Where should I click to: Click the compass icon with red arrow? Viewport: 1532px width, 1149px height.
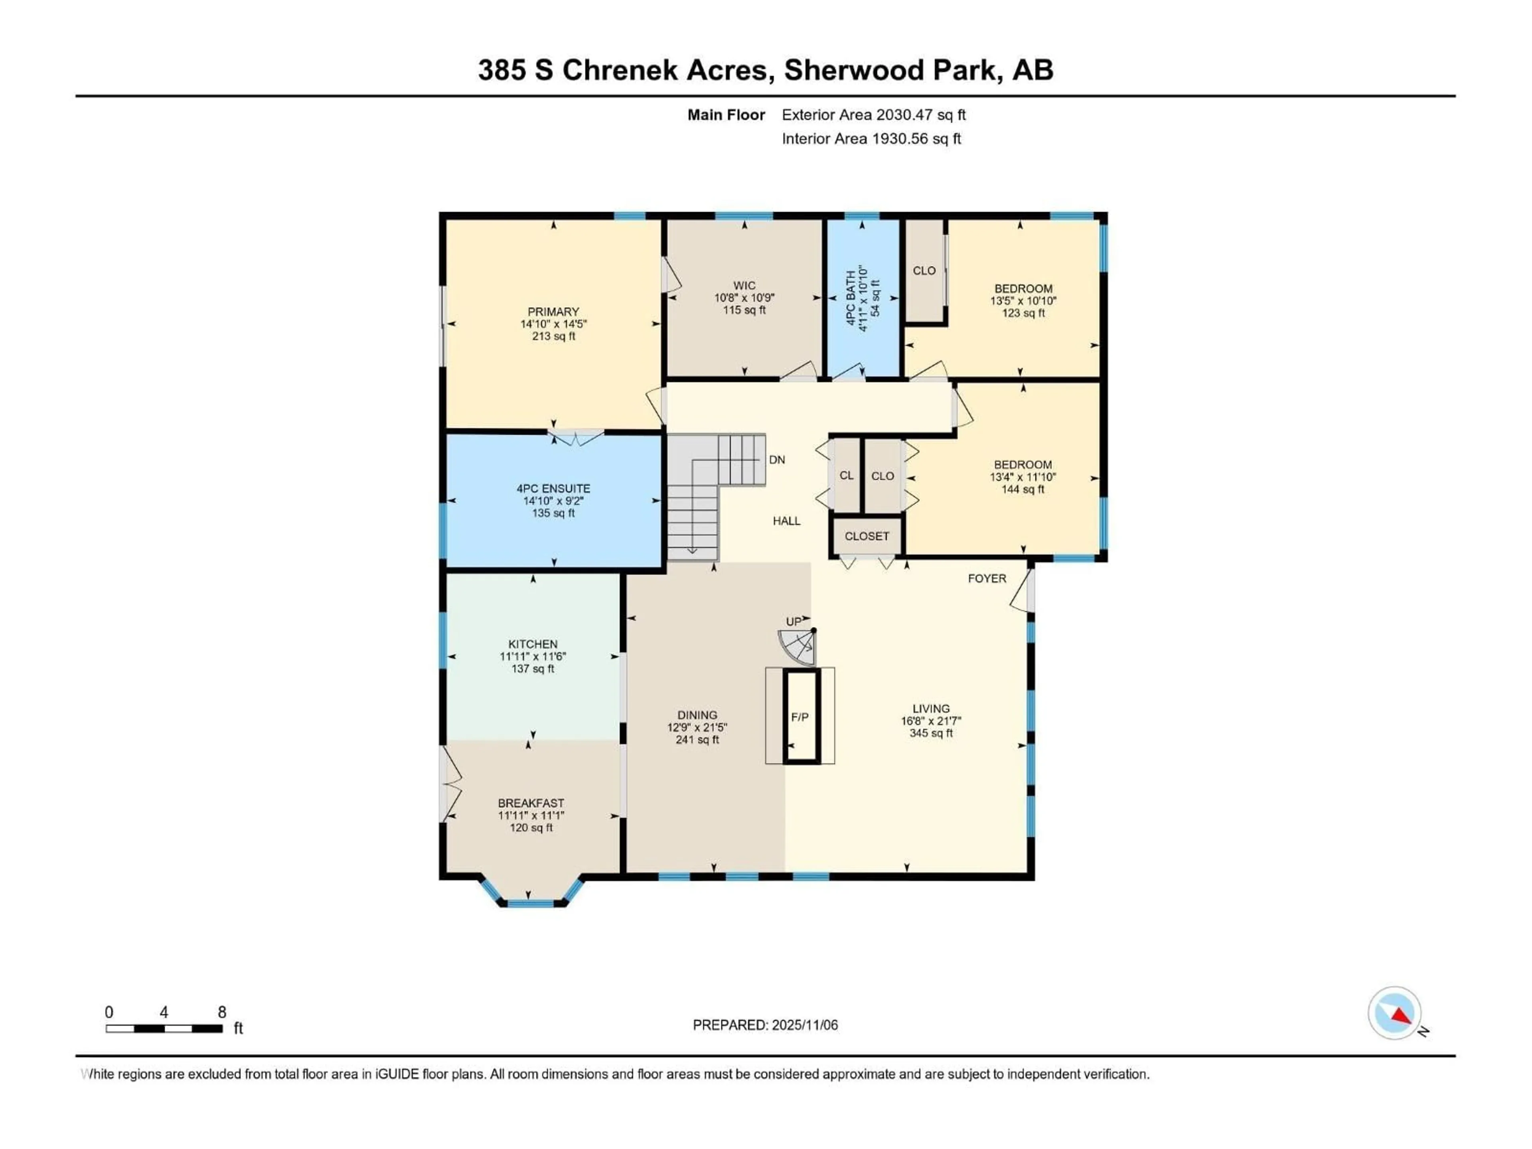pyautogui.click(x=1394, y=1014)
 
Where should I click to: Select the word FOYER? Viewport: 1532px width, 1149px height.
pyautogui.click(x=987, y=578)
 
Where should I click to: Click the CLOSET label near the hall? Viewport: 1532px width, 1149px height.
pyautogui.click(x=867, y=536)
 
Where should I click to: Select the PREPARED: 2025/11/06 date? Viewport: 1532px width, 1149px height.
pyautogui.click(x=765, y=1025)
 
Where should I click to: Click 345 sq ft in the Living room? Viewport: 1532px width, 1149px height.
pyautogui.click(x=931, y=733)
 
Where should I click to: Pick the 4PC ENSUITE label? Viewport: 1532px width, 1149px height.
pyautogui.click(x=553, y=488)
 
